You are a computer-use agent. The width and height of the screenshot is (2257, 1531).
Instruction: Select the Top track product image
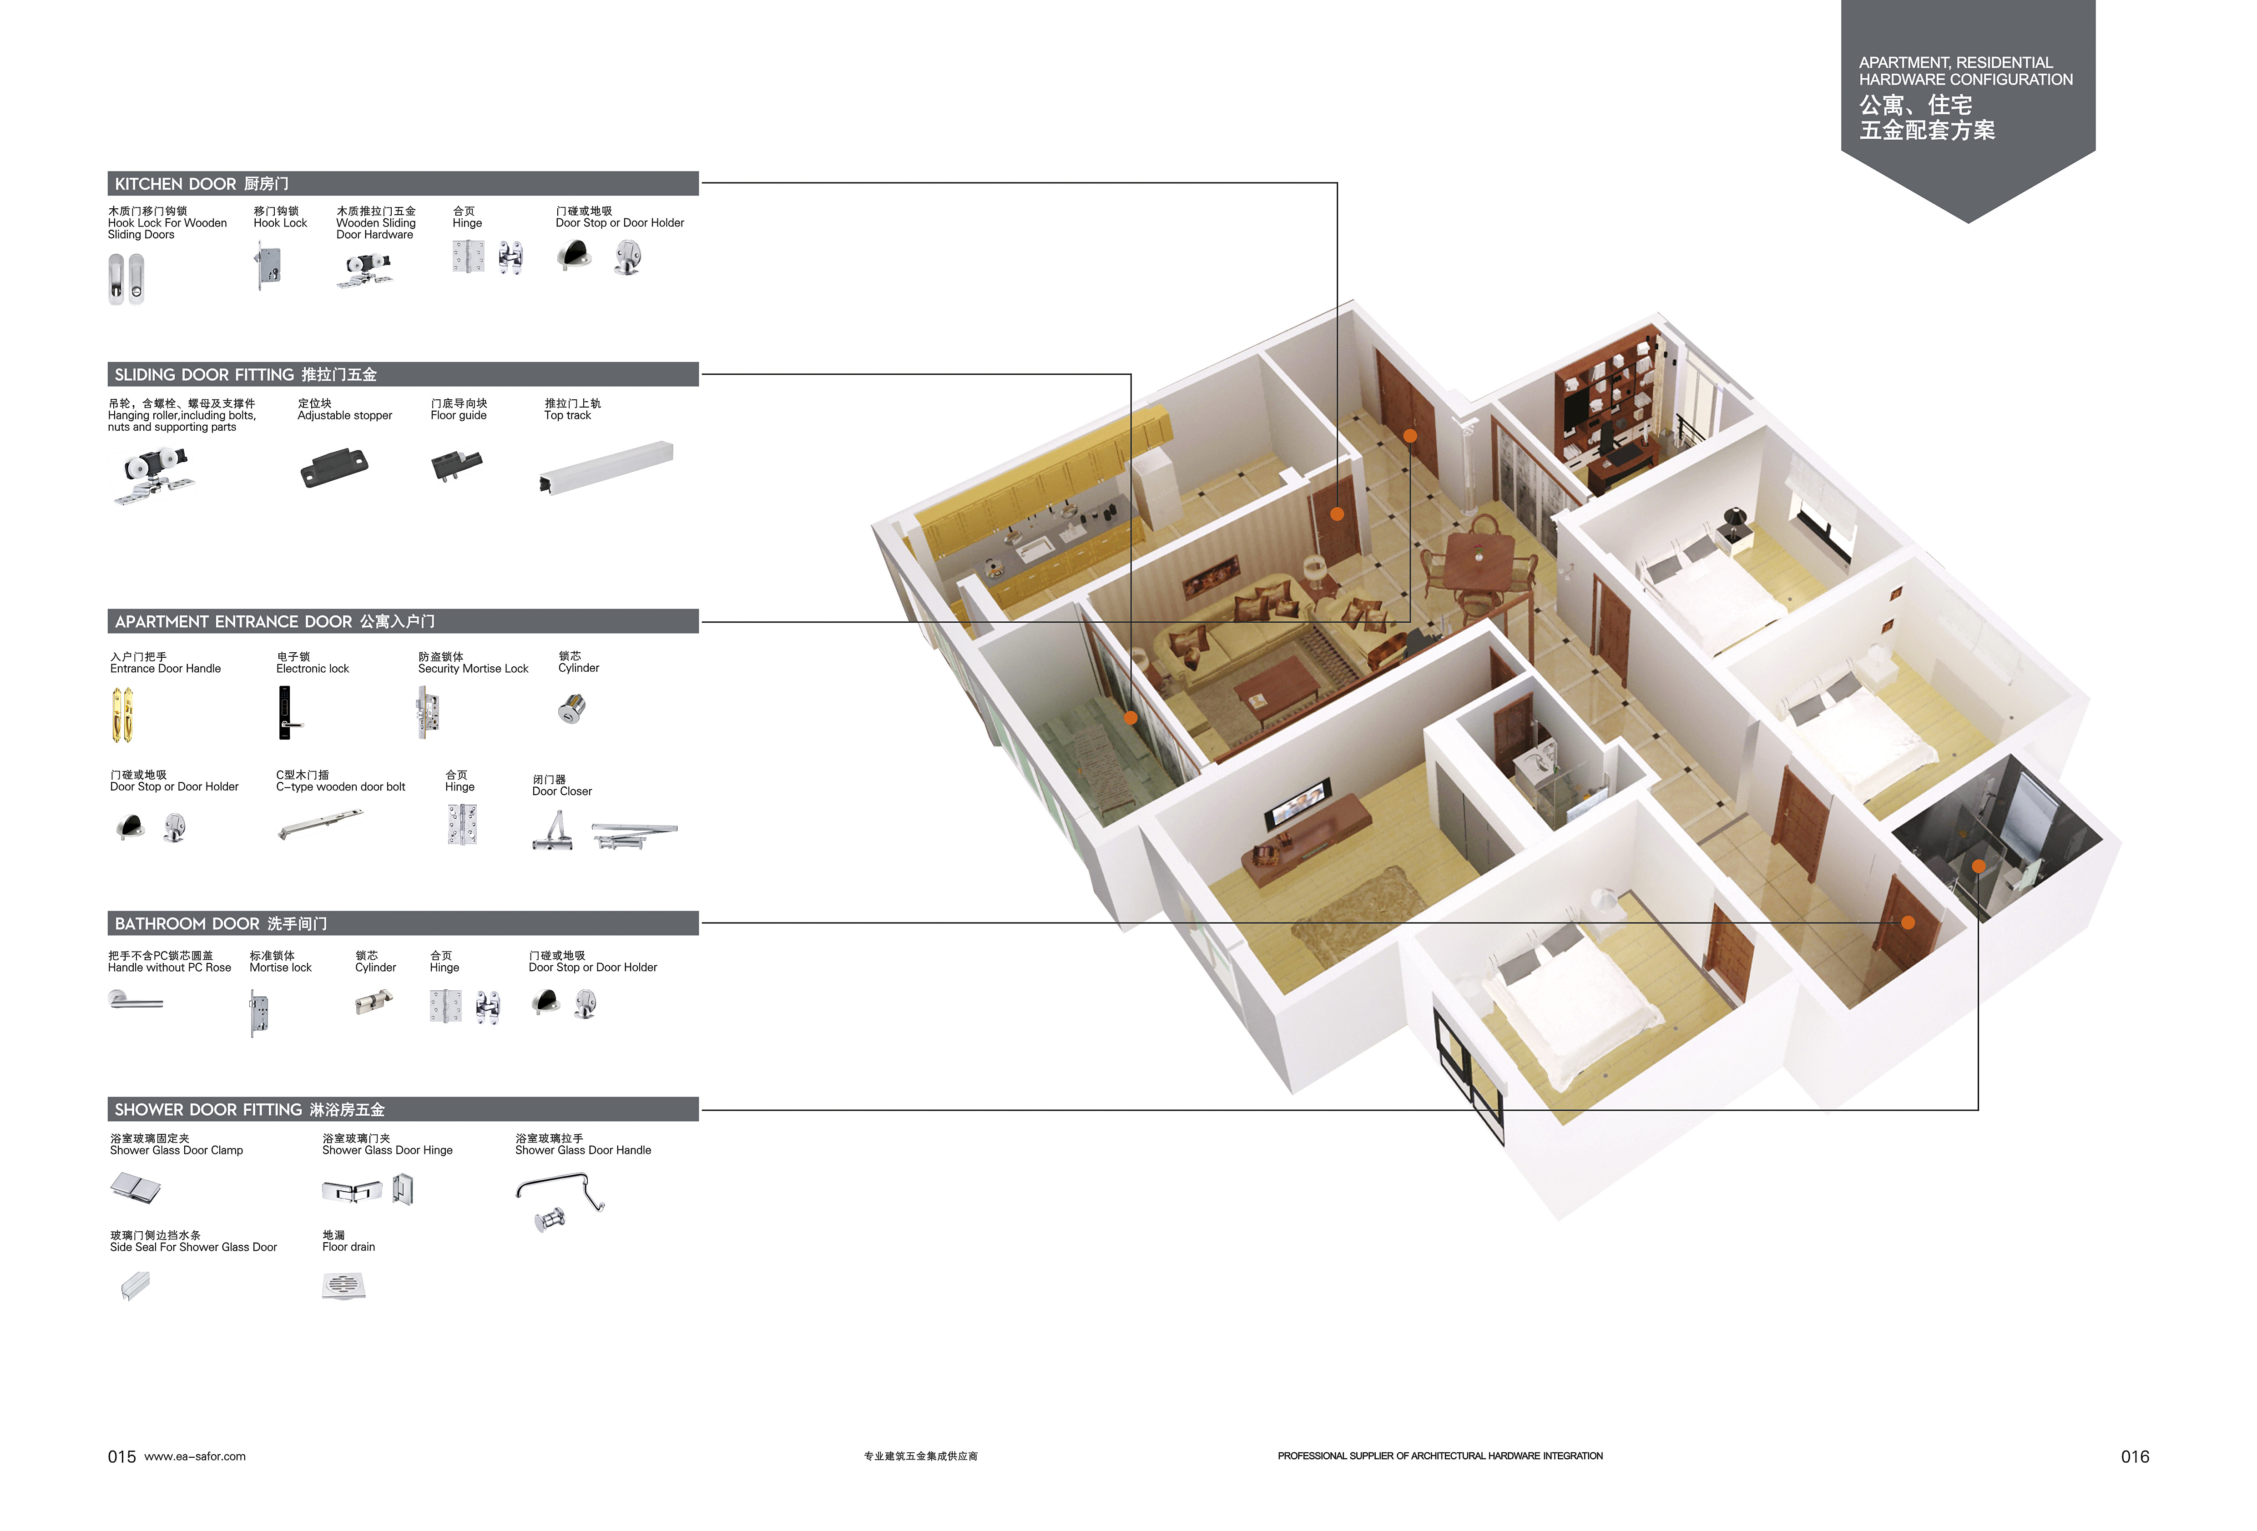point(606,467)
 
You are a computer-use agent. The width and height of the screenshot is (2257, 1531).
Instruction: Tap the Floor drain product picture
point(344,1285)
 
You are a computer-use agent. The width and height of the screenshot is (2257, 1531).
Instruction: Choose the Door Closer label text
point(561,791)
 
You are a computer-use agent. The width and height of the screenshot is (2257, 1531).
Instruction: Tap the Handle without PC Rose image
point(135,999)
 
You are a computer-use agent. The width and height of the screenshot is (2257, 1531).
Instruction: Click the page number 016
point(2135,1456)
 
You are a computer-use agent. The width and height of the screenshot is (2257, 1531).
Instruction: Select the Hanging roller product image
point(153,476)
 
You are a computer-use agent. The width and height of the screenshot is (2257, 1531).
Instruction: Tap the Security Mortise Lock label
point(473,669)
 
